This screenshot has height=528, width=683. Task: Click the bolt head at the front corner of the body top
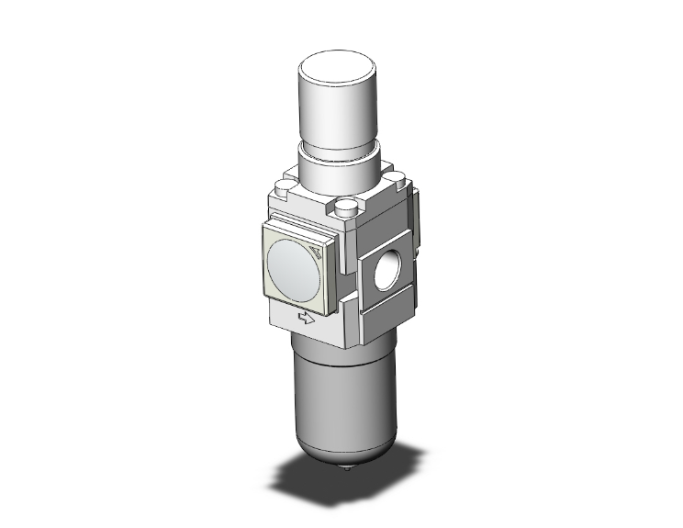pos(346,209)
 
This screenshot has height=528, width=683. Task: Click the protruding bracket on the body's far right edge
pos(415,220)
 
